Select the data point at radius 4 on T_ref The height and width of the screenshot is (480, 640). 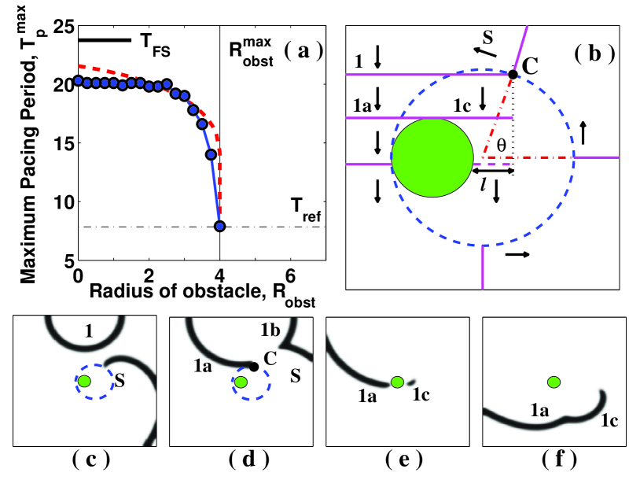pos(220,227)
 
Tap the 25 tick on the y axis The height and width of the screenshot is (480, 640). pos(64,26)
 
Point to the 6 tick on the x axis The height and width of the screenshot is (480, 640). pos(291,276)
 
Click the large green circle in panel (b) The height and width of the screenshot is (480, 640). pos(432,157)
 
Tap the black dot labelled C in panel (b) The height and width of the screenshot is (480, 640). pos(513,74)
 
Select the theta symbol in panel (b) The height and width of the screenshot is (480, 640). pos(501,145)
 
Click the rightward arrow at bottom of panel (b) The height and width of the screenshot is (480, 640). pos(517,255)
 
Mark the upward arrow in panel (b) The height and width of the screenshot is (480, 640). pos(583,132)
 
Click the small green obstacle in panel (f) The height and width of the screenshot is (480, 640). pos(554,382)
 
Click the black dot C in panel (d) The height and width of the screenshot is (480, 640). pos(253,367)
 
